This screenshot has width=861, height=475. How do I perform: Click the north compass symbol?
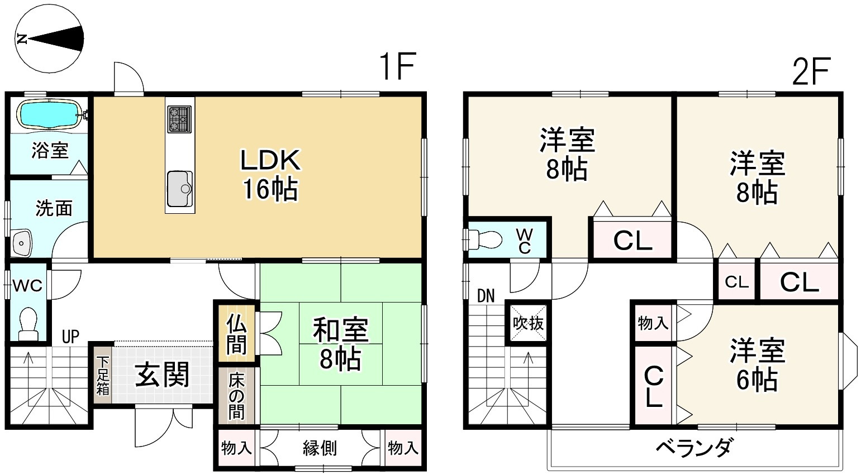(x=49, y=39)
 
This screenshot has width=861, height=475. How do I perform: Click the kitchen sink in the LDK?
(x=179, y=189)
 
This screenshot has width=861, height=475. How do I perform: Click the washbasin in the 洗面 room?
(x=22, y=243)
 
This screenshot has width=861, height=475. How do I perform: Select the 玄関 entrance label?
(x=163, y=375)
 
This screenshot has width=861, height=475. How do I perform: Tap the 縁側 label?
(x=320, y=448)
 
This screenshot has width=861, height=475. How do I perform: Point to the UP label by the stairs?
(x=70, y=337)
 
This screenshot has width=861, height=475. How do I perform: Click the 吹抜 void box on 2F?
(x=527, y=323)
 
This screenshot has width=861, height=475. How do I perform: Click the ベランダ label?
(x=693, y=448)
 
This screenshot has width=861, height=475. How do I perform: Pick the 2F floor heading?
(x=809, y=71)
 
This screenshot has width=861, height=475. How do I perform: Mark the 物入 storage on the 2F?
(x=653, y=322)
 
